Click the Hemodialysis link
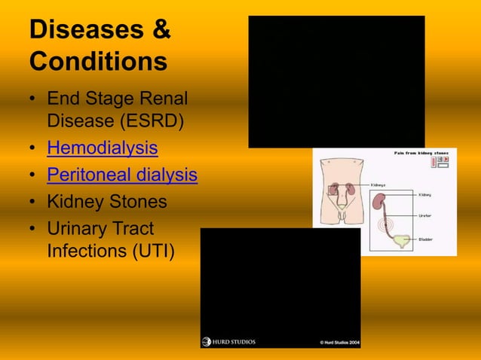102,147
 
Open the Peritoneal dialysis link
121,175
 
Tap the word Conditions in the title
97,60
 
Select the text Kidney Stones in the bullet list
106,202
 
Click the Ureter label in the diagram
425,215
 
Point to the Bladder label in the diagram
426,239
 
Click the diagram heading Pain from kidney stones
421,153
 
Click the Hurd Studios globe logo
207,342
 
